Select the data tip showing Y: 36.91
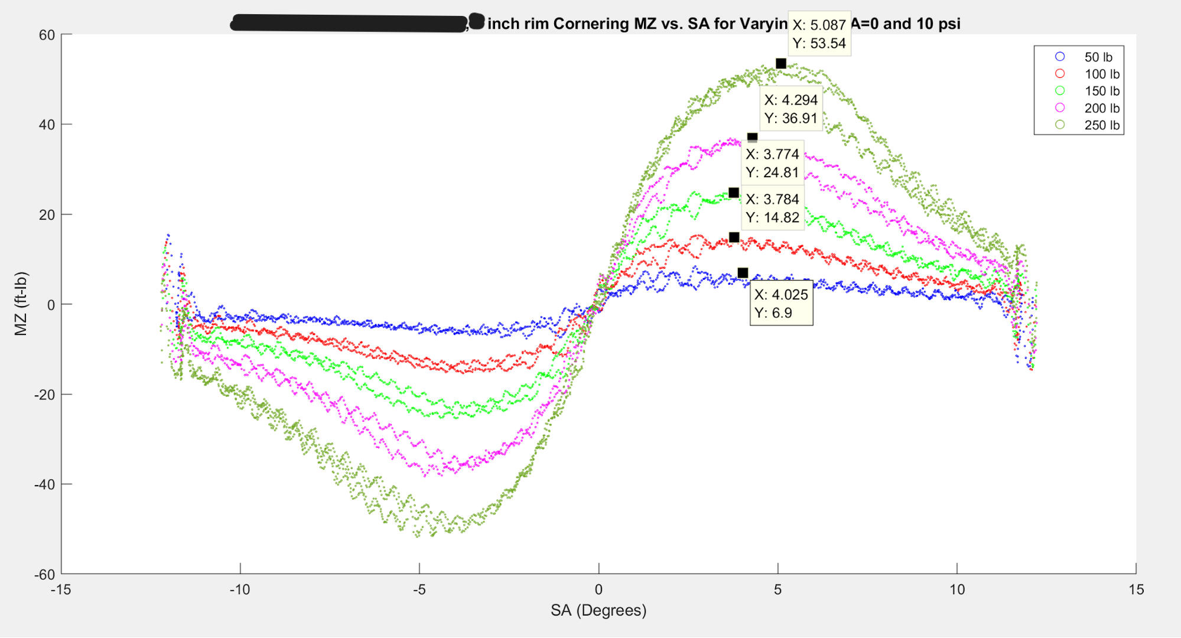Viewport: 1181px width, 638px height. click(x=790, y=109)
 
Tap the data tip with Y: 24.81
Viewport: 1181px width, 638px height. click(x=772, y=163)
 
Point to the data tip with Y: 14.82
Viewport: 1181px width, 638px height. click(x=772, y=209)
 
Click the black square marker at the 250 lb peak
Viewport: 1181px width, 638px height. click(x=781, y=63)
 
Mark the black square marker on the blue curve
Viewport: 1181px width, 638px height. click(x=743, y=273)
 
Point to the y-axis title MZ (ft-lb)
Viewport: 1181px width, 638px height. click(x=21, y=304)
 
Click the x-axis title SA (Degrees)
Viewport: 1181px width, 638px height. click(x=598, y=610)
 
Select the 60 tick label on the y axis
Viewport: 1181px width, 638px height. click(x=47, y=35)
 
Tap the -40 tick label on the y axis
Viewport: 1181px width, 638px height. click(x=44, y=484)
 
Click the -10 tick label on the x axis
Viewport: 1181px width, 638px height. click(x=240, y=590)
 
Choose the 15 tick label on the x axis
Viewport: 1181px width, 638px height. click(x=1136, y=590)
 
